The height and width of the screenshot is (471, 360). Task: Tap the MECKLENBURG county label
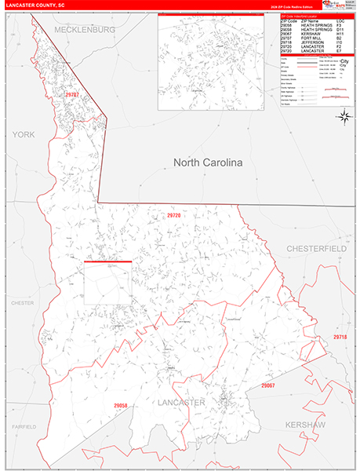click(x=85, y=29)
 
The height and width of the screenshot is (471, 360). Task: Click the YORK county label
click(x=24, y=135)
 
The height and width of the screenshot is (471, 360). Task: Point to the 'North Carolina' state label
click(x=208, y=162)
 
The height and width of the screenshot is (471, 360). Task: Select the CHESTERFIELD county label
click(x=316, y=248)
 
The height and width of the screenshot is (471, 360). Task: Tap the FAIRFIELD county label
click(x=23, y=426)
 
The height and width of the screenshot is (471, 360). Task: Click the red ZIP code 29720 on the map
click(x=173, y=215)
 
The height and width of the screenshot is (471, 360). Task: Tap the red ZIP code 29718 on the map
click(x=340, y=337)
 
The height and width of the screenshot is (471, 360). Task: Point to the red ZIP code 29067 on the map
click(x=267, y=385)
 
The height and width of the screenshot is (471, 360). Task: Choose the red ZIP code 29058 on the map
click(x=120, y=405)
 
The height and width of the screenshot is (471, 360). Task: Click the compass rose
click(x=343, y=116)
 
